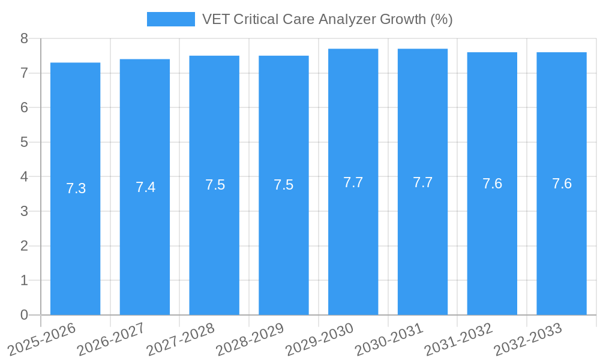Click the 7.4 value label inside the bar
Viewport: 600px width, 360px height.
pos(145,187)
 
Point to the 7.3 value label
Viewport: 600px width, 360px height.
pos(76,188)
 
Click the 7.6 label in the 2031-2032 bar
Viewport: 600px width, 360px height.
pos(492,184)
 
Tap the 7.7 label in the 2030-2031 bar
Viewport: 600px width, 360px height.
pos(422,182)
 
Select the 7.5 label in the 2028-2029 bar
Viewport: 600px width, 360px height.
pos(283,185)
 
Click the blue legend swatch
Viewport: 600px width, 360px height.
pos(170,19)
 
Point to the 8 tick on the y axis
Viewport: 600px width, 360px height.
pos(25,39)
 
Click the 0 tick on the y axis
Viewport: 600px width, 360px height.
pos(25,315)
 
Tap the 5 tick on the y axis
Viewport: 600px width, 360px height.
pos(25,143)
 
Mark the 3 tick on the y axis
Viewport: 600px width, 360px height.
pos(25,212)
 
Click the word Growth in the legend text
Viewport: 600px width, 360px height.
pos(403,19)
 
